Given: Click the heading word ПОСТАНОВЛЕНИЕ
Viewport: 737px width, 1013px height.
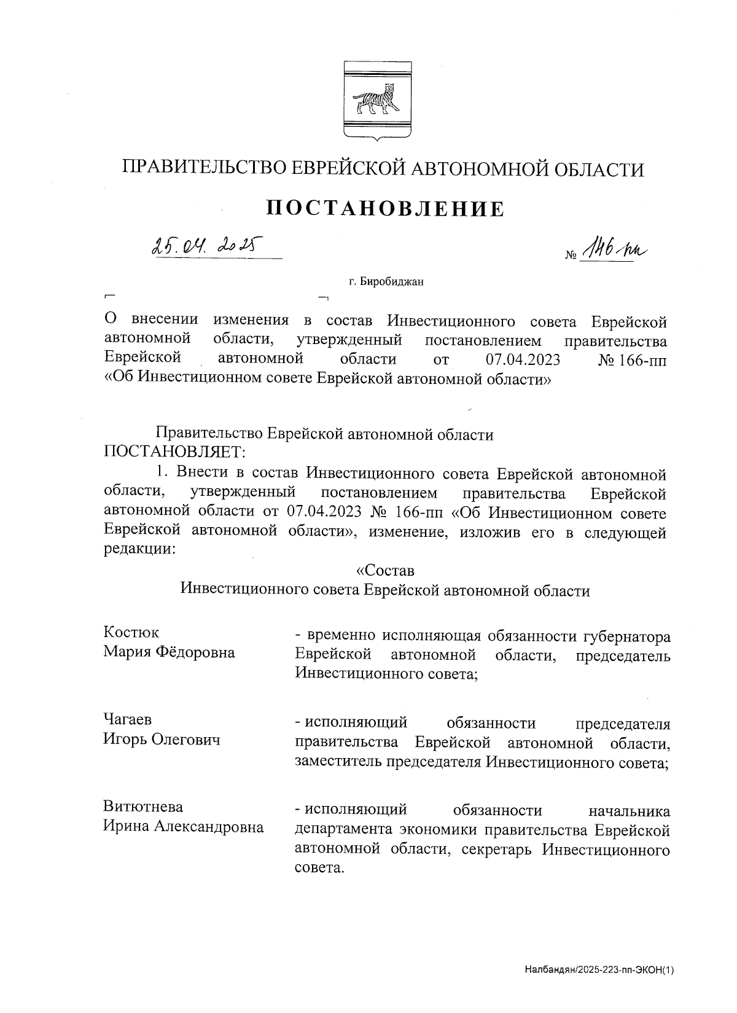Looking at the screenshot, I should [385, 209].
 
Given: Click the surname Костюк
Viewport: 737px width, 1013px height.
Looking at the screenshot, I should [131, 632].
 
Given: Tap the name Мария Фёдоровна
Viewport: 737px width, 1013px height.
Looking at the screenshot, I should [169, 652].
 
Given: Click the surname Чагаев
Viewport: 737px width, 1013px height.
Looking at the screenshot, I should [127, 719].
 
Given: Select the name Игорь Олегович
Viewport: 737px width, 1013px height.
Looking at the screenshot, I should [162, 740].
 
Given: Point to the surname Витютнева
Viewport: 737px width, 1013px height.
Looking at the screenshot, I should [142, 807].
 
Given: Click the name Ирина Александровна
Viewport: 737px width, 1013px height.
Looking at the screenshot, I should [183, 827].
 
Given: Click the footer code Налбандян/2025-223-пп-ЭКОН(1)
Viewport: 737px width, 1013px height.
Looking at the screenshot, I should [599, 971].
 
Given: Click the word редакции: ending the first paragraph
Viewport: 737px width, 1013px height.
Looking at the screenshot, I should [140, 550].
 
